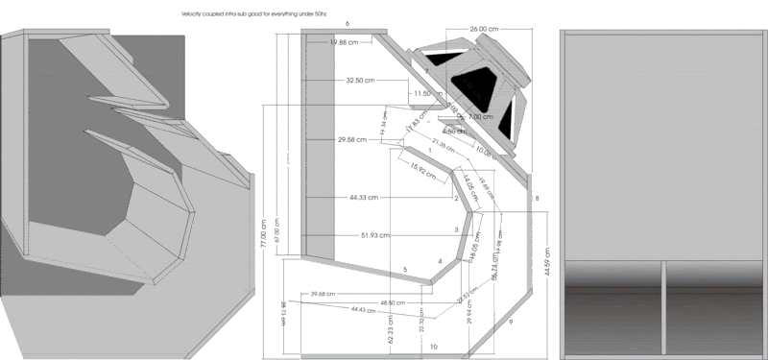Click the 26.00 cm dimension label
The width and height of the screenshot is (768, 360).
[484, 30]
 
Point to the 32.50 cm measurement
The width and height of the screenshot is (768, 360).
[360, 81]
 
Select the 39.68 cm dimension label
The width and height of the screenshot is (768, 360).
[328, 294]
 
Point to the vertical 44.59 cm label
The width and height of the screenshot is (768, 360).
[546, 259]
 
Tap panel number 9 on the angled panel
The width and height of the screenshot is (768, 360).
[511, 321]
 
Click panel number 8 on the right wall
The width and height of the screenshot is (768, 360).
[537, 198]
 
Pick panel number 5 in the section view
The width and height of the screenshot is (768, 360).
[405, 270]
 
